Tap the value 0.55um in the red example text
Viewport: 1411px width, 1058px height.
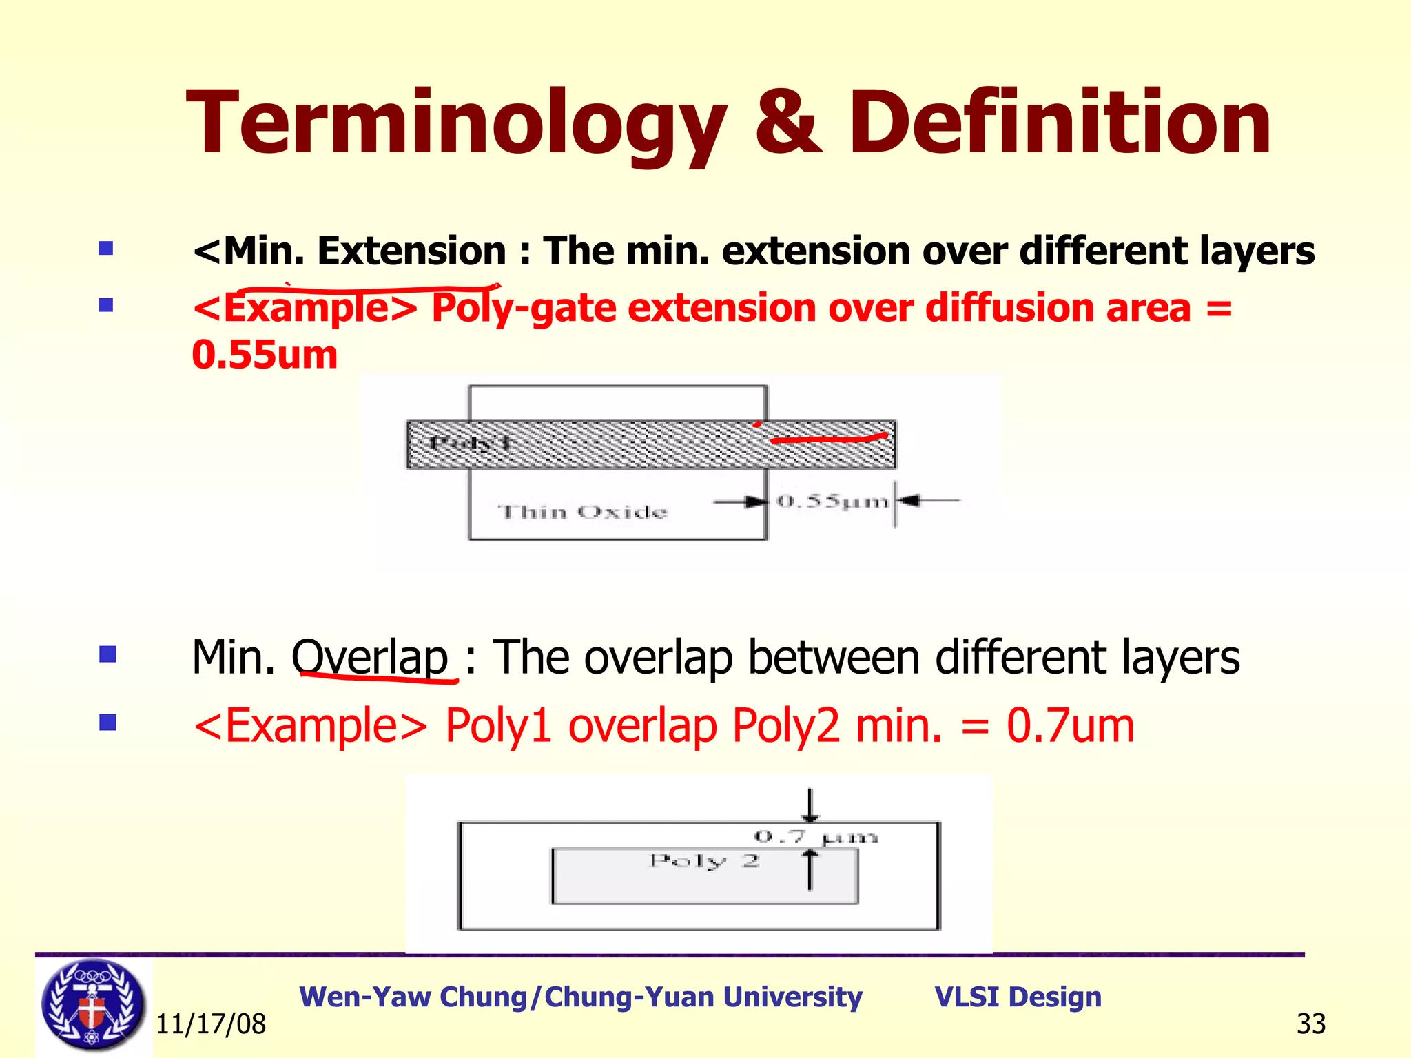coord(265,355)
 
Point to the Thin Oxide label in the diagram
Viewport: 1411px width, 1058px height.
coord(583,512)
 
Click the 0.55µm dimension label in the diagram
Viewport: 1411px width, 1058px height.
coord(832,501)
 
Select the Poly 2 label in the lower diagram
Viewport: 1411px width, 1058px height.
coord(704,861)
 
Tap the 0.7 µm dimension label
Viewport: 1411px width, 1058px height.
coord(816,838)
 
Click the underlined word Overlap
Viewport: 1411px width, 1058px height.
coord(370,657)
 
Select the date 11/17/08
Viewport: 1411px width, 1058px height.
coord(211,1024)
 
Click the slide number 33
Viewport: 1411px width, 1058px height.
coord(1310,1024)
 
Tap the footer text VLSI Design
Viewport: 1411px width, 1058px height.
coord(1018,997)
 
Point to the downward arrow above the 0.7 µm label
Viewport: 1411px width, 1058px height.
coord(810,805)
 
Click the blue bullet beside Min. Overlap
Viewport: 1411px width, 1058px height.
coord(107,654)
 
